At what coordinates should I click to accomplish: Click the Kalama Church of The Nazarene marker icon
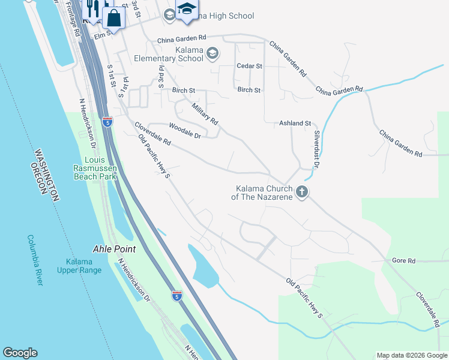pyautogui.click(x=301, y=193)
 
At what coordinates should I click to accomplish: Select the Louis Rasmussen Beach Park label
pyautogui.click(x=95, y=169)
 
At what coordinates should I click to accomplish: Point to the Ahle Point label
pyautogui.click(x=114, y=249)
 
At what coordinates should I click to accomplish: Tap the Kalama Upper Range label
pyautogui.click(x=83, y=266)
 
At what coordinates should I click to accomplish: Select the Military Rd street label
pyautogui.click(x=205, y=113)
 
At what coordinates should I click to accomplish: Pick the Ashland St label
pyautogui.click(x=295, y=123)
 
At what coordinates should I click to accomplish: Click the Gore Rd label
pyautogui.click(x=403, y=261)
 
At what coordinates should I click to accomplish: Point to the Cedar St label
pyautogui.click(x=250, y=66)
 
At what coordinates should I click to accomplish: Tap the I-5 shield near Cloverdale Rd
pyautogui.click(x=107, y=122)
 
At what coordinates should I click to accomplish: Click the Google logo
pyautogui.click(x=20, y=353)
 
